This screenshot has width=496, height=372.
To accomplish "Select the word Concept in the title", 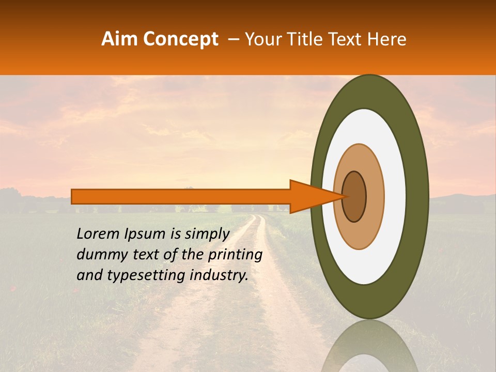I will pos(180,39).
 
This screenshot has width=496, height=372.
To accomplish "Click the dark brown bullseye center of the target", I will pos(354,196).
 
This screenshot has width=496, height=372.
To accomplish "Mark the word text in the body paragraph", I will pos(143,255).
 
